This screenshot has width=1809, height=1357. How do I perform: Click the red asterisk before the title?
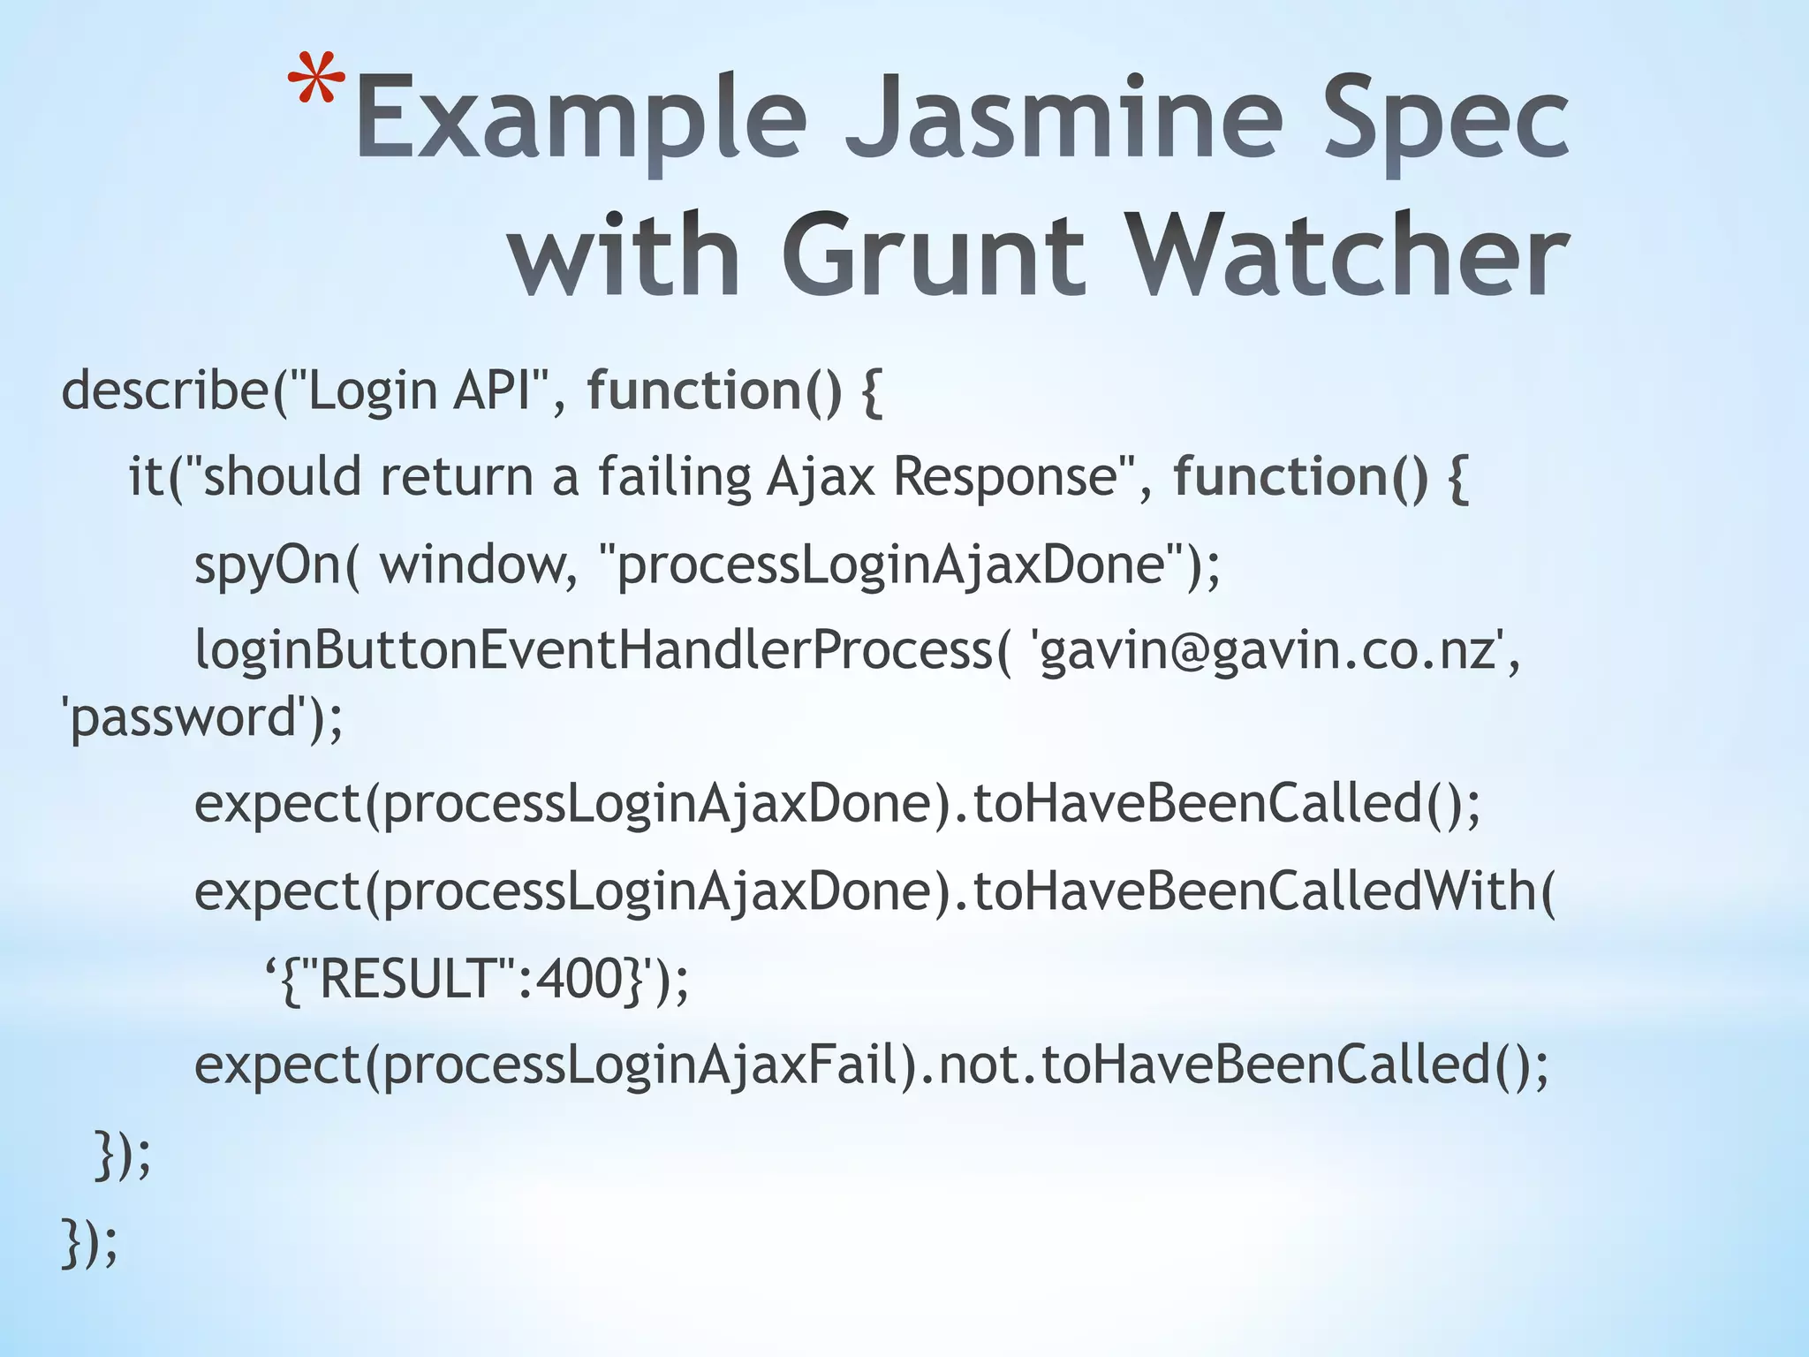[315, 83]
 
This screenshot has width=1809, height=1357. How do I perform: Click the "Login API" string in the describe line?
[419, 390]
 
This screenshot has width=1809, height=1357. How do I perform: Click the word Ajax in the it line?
[821, 477]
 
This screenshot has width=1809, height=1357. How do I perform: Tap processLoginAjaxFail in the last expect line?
[640, 1065]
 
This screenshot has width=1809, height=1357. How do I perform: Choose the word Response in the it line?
[1006, 477]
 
